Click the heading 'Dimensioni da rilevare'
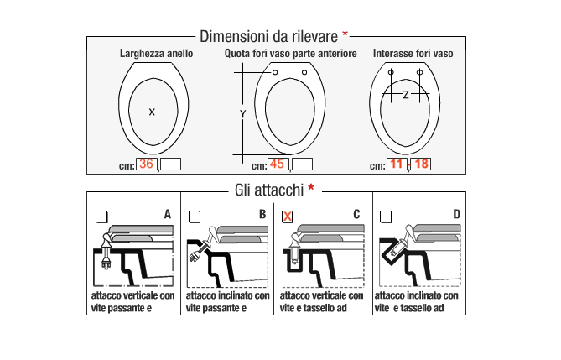point(268,37)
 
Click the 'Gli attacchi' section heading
point(269,190)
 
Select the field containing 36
point(147,164)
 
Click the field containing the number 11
point(397,164)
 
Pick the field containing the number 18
point(420,164)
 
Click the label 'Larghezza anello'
point(157,54)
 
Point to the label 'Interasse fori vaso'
point(413,54)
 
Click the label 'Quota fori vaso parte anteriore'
point(290,54)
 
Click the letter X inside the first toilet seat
point(152,112)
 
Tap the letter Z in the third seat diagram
point(406,95)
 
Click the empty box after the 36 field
point(170,164)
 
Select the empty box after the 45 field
point(302,164)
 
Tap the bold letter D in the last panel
point(456,215)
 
